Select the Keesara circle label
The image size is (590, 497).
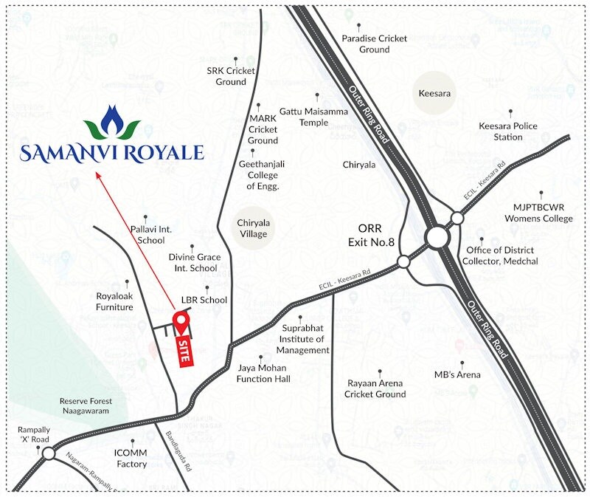coord(434,94)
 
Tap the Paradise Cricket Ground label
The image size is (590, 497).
coord(374,44)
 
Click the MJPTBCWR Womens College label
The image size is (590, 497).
coord(538,213)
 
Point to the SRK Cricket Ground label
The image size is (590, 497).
coord(231,76)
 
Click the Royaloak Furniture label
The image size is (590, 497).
coord(114,301)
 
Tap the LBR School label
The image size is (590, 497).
coord(204,301)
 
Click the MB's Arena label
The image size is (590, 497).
coord(457,375)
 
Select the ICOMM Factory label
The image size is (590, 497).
coord(131,458)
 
